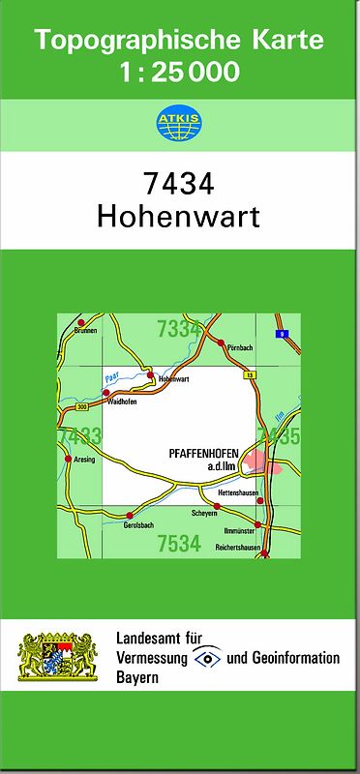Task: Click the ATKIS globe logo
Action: click(179, 123)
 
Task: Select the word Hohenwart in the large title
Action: click(179, 216)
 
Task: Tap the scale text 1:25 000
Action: click(179, 72)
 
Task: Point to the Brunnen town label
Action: click(85, 331)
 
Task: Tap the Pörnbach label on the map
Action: click(239, 347)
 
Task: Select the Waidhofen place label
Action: click(122, 401)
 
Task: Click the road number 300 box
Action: click(69, 407)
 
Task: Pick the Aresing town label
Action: click(85, 460)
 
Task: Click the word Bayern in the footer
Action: click(136, 677)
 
